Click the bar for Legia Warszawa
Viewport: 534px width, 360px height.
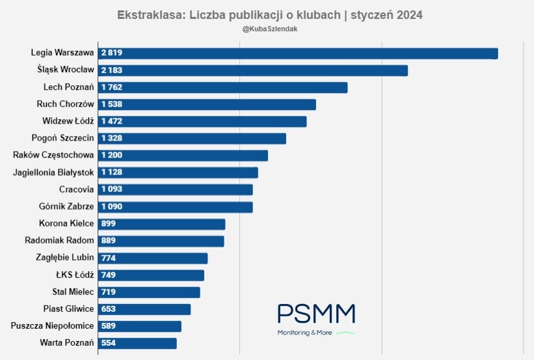pos(298,53)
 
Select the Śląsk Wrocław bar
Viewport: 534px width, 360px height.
pos(253,70)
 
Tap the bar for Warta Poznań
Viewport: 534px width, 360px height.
pos(137,343)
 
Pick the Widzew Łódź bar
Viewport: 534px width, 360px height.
pos(202,121)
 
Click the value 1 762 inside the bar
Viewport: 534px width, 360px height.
pos(112,87)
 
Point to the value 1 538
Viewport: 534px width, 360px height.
pos(112,104)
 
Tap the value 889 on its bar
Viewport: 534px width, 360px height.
pos(109,241)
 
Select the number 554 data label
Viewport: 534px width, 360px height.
pos(109,343)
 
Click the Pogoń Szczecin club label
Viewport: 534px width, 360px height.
pos(63,138)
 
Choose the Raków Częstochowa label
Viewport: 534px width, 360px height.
pos(54,155)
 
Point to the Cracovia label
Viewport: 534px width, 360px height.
pos(77,189)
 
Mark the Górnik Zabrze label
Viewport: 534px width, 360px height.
pos(66,206)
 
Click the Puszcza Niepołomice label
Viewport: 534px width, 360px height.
pos(52,325)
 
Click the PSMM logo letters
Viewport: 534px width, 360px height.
pos(316,314)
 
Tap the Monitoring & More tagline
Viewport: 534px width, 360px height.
pos(305,333)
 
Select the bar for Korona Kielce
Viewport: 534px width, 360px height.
pos(161,224)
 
